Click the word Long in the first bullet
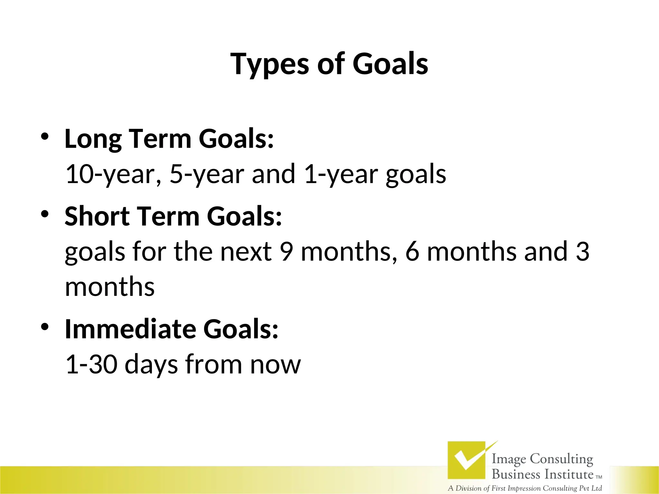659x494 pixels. click(93, 140)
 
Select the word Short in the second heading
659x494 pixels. click(97, 216)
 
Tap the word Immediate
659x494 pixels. click(130, 329)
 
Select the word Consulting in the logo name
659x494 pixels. click(562, 459)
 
